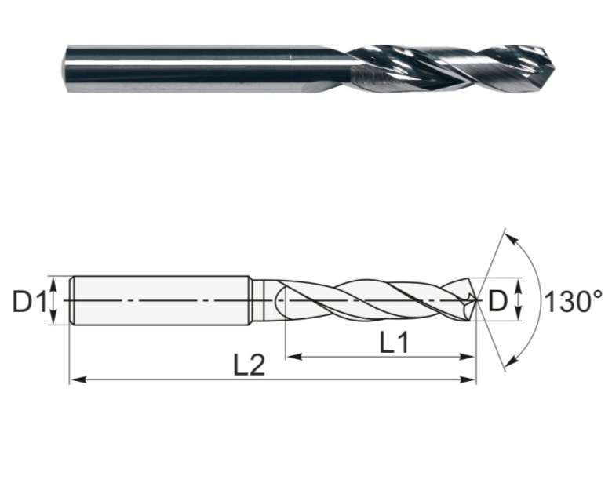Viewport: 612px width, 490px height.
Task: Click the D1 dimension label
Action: tap(30, 301)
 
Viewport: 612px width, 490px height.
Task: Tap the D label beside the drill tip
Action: tap(497, 301)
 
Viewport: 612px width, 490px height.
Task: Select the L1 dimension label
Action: tap(394, 342)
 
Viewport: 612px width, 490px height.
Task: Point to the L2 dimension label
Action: tap(249, 365)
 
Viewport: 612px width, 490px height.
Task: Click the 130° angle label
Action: tap(573, 302)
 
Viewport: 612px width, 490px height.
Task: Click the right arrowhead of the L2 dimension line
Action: tap(468, 379)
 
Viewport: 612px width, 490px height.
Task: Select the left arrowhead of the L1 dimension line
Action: tap(294, 356)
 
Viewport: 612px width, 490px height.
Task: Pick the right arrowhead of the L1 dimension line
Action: tap(467, 356)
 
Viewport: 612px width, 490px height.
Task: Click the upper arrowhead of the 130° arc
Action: tap(512, 238)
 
